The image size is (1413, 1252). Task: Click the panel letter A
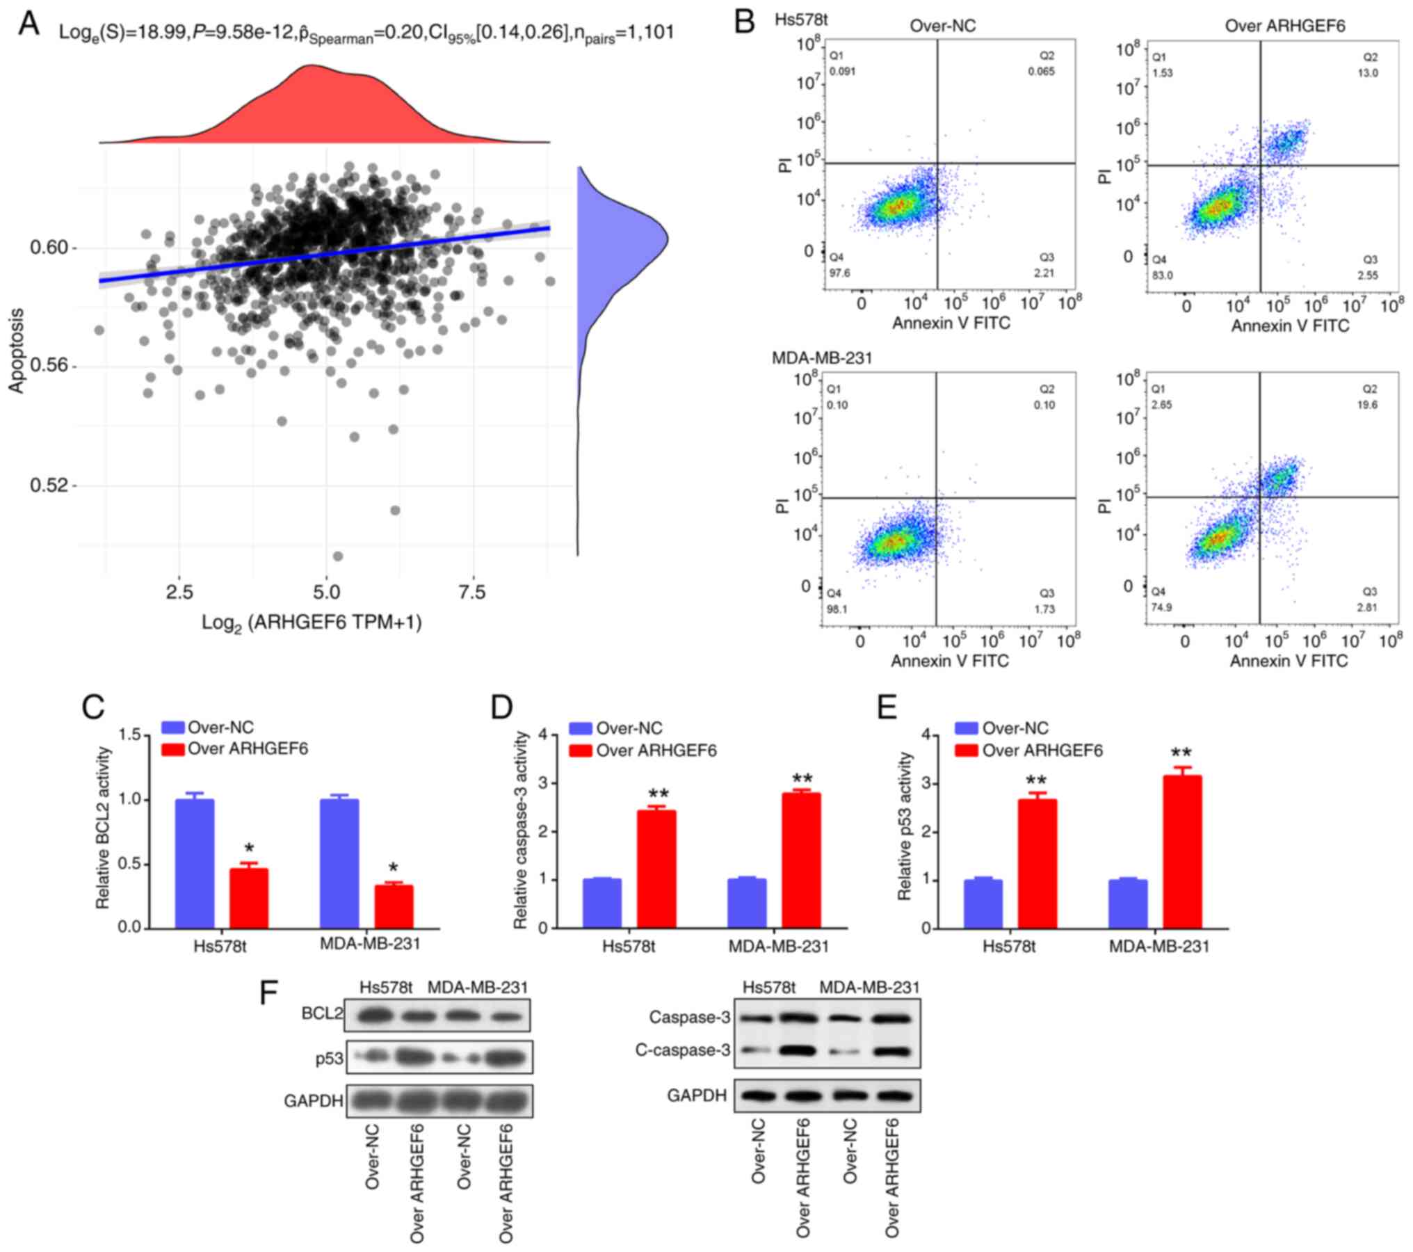(29, 25)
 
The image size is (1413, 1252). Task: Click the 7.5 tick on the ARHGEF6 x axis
(473, 593)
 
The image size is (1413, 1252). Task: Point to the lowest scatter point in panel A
(338, 556)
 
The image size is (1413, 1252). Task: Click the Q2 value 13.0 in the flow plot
(1368, 73)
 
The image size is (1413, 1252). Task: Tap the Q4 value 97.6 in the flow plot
(839, 273)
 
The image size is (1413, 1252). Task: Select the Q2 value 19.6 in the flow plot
(1367, 405)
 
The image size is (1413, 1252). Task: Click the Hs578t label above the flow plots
(801, 20)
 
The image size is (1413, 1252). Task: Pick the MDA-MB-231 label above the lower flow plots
(822, 358)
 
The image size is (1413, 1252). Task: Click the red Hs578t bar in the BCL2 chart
(249, 898)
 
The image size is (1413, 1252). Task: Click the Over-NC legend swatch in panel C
(173, 728)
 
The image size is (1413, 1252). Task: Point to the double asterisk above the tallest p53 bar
(1181, 753)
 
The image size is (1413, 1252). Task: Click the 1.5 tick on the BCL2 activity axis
(130, 735)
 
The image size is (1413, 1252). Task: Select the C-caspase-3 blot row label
(682, 1050)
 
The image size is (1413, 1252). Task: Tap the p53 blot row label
(329, 1059)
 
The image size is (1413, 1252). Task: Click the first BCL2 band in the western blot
(376, 1016)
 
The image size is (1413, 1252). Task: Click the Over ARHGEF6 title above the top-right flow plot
(1285, 26)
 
